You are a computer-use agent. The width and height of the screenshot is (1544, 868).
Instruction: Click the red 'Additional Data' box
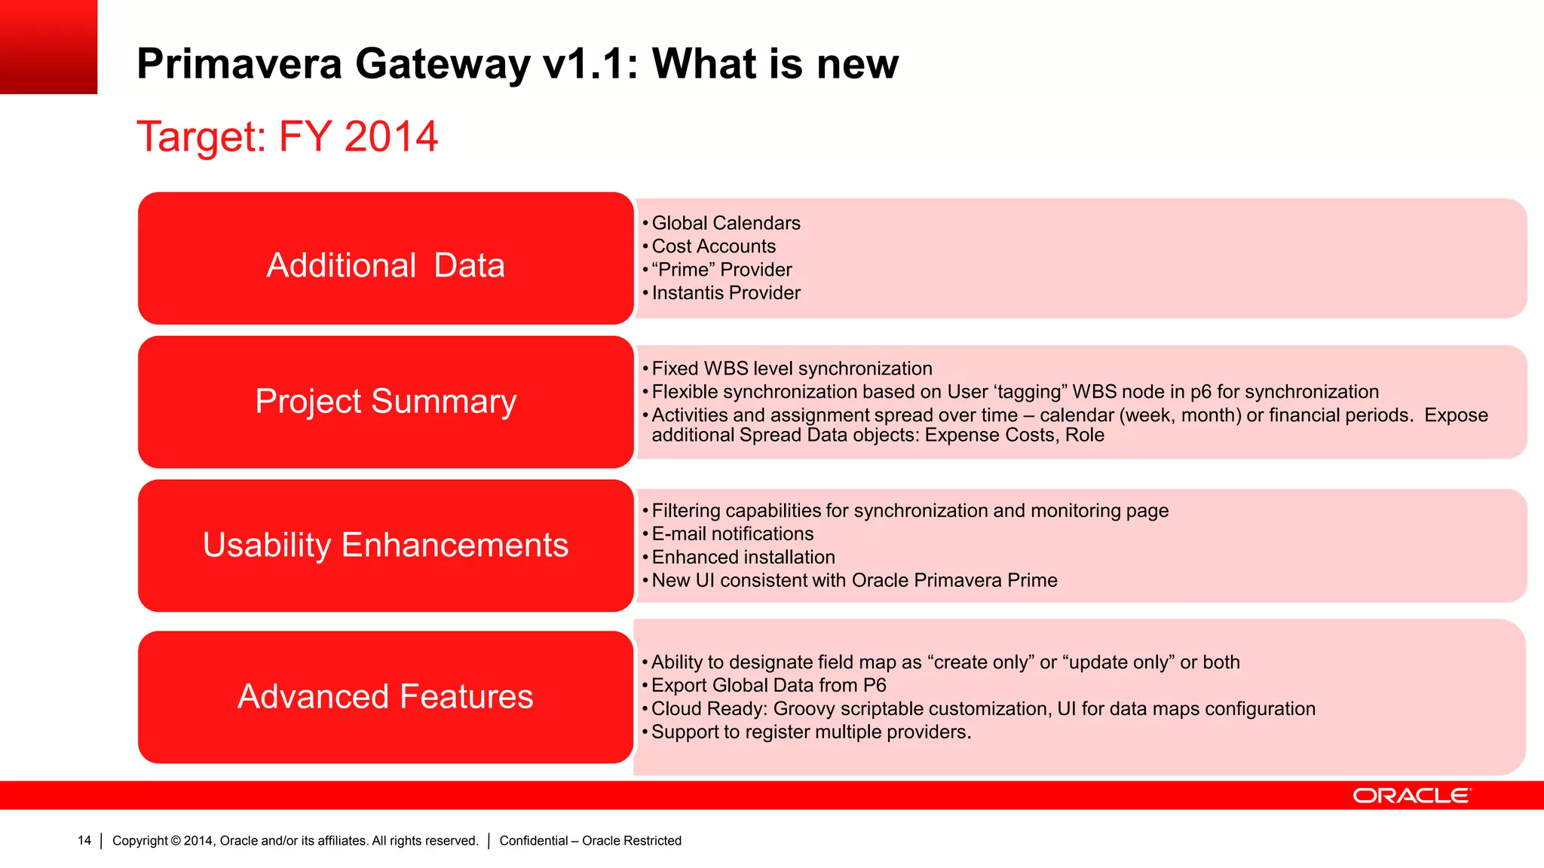[x=385, y=258]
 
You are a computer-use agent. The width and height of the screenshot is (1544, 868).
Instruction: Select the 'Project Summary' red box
[x=385, y=402]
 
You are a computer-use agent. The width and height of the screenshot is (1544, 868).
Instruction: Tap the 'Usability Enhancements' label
[x=385, y=545]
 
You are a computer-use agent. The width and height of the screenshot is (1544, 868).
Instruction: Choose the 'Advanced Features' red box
[x=385, y=697]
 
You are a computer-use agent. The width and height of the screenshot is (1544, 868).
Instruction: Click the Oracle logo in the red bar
[x=1411, y=796]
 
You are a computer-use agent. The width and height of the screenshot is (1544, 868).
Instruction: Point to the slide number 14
[x=84, y=840]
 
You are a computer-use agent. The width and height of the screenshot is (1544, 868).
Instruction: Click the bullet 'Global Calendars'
[x=725, y=223]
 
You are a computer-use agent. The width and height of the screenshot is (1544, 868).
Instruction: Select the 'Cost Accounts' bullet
[x=713, y=246]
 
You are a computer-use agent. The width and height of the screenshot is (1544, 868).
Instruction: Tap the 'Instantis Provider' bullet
[x=725, y=293]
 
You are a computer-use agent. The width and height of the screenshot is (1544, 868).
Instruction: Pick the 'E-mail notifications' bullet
[x=732, y=534]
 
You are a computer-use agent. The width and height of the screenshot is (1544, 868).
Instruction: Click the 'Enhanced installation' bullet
[x=743, y=558]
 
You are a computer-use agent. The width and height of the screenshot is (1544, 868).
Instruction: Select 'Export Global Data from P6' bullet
[x=768, y=686]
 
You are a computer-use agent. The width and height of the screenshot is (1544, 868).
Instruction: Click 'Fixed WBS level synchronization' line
[x=792, y=368]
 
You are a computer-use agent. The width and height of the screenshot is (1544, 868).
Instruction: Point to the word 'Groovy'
[x=804, y=709]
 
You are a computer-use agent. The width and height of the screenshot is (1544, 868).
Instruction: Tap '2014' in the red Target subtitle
[x=391, y=137]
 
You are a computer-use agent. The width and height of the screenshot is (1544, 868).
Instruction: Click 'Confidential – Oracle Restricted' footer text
[x=590, y=841]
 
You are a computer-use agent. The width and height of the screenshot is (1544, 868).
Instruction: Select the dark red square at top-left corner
[x=48, y=47]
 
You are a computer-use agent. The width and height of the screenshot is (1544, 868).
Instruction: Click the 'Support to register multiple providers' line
[x=810, y=732]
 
